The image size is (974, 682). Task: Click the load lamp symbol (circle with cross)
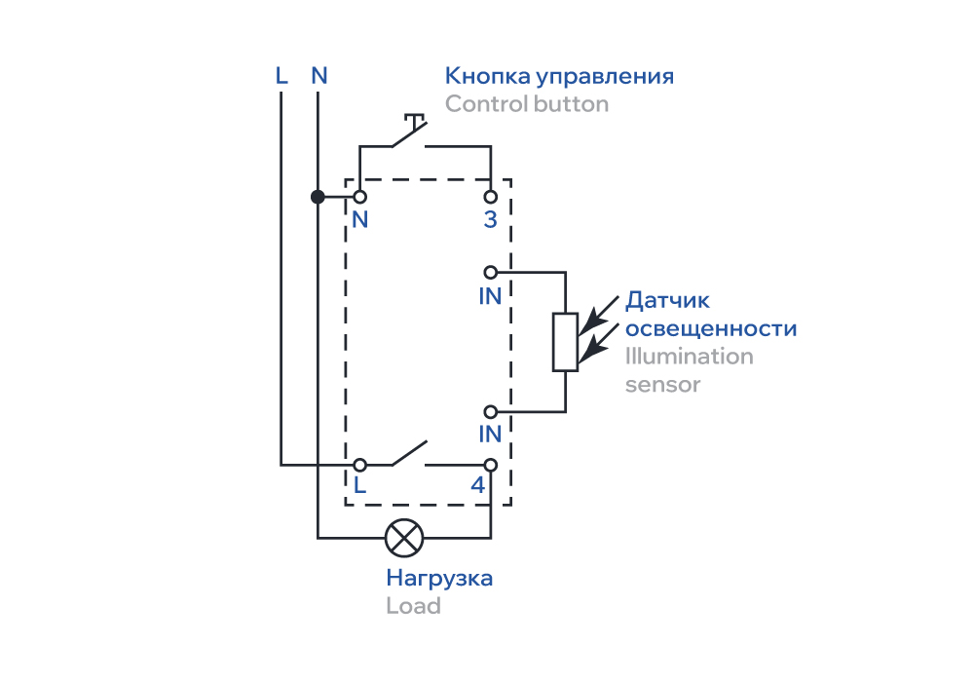(403, 537)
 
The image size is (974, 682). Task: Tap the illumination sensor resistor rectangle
(566, 342)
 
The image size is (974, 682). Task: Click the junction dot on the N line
(318, 197)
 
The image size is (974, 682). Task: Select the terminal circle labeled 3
(491, 197)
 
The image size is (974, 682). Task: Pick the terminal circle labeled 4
(491, 465)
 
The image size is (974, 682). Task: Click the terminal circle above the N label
(359, 197)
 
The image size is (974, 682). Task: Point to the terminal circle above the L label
(359, 465)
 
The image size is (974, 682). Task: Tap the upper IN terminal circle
(491, 272)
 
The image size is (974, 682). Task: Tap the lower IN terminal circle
(491, 411)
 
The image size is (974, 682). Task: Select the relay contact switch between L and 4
(410, 454)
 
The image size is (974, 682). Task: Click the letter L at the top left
(281, 75)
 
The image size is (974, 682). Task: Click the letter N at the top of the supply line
(318, 75)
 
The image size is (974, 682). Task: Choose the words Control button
(527, 103)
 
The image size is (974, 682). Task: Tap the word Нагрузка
(439, 578)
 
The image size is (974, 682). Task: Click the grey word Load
(413, 606)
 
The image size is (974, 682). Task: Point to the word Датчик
(668, 301)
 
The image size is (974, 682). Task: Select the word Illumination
(690, 357)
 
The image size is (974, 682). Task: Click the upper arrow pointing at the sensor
(600, 309)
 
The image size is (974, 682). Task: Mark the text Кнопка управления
(560, 76)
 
